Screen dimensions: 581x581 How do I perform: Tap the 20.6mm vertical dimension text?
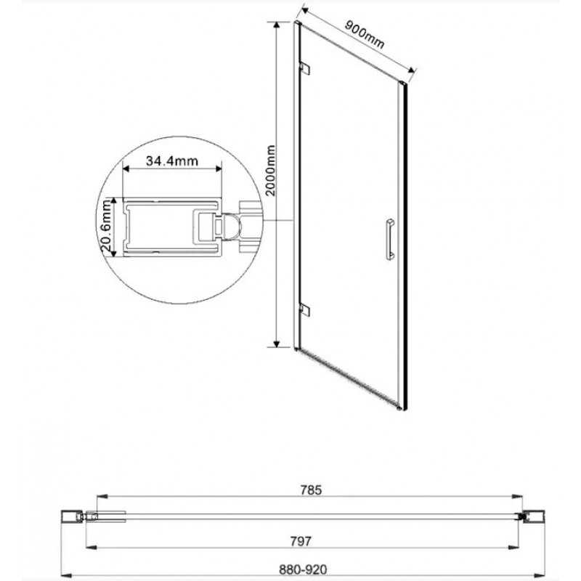[x=107, y=227]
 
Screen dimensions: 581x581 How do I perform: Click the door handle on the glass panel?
[x=389, y=237]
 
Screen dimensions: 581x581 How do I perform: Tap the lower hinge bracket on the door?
[x=306, y=310]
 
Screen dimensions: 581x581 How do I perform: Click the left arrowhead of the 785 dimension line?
[x=100, y=497]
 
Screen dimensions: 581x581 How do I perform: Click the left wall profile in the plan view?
[x=72, y=516]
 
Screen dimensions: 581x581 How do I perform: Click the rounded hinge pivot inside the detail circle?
[x=231, y=227]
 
